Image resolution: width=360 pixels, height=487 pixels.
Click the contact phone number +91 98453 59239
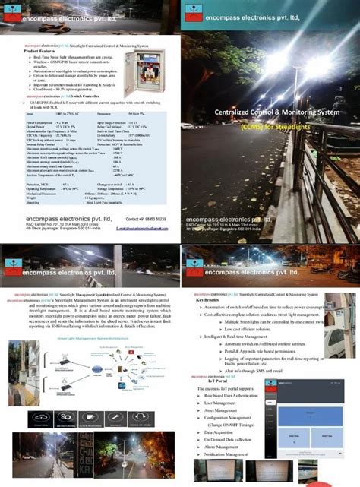[147, 220]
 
